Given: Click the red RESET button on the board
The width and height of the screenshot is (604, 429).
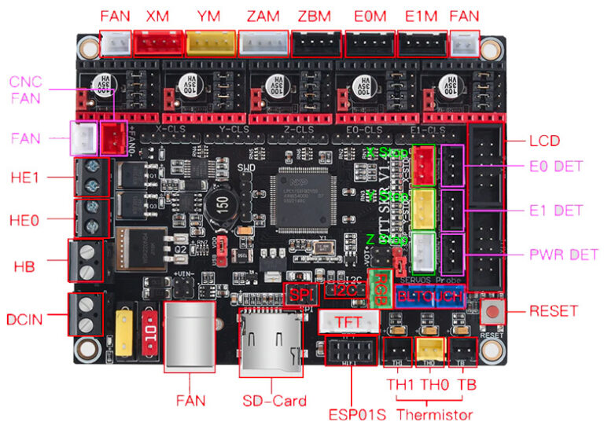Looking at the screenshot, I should click(x=492, y=311).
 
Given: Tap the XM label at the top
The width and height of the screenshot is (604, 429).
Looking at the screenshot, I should click(x=157, y=16).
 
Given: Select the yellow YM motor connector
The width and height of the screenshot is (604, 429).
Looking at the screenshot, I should click(x=210, y=41).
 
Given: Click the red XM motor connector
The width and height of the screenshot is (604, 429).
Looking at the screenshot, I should click(x=157, y=41).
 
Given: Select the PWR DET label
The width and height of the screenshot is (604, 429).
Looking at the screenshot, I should click(x=563, y=255).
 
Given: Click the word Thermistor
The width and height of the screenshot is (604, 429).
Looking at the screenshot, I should click(x=435, y=414).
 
